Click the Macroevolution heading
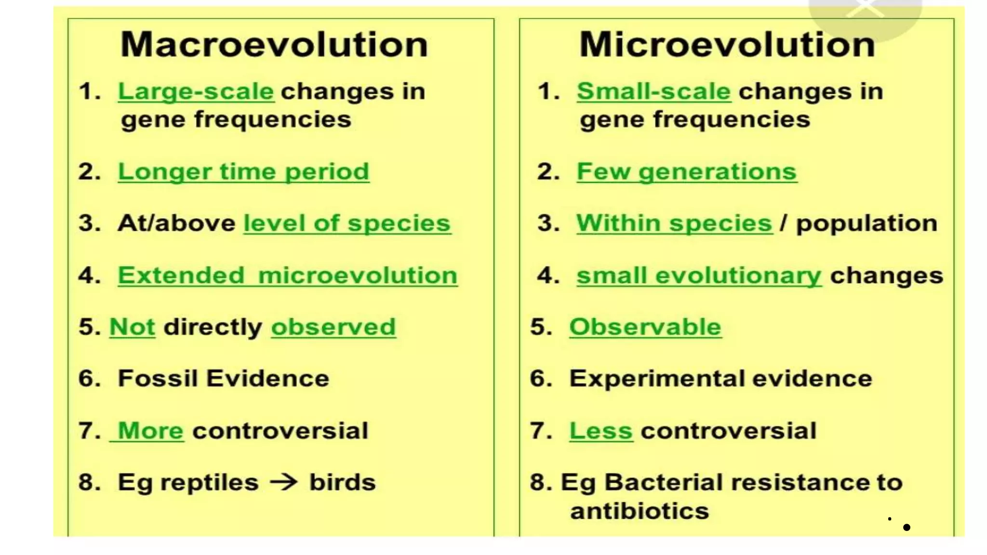274,44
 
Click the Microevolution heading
727,44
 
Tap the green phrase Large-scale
196,92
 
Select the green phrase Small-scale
654,91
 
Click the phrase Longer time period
244,172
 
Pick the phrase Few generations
687,172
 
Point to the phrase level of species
347,224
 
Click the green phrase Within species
674,224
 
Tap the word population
867,224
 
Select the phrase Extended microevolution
288,276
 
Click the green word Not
133,327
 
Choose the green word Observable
645,327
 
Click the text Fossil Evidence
224,378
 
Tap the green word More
150,431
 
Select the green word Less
601,431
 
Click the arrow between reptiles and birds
283,482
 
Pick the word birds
342,482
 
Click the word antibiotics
640,511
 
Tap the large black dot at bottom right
907,528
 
